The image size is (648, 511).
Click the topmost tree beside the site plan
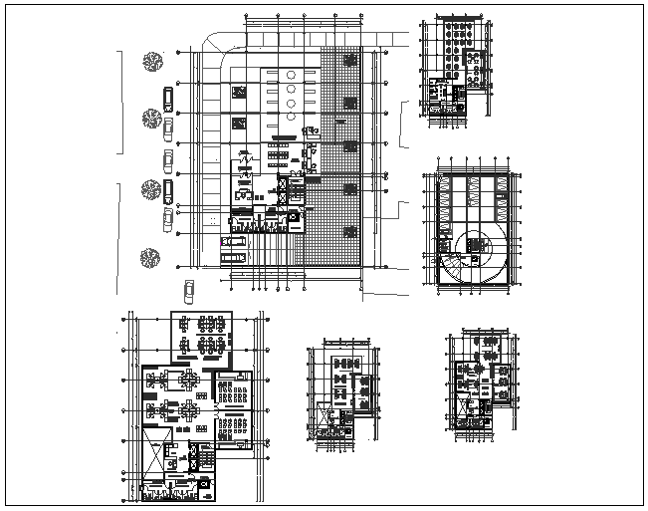[152, 61]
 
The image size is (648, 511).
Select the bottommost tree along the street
[150, 256]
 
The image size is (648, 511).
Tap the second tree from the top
[151, 119]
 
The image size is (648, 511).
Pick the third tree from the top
[152, 188]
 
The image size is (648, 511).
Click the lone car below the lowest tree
[187, 291]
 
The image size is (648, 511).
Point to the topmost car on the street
[168, 99]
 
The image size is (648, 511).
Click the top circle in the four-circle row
[290, 75]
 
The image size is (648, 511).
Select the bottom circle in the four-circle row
[290, 117]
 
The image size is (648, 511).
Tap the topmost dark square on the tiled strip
[350, 60]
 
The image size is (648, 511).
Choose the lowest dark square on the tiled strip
[350, 231]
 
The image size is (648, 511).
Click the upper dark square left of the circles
[239, 92]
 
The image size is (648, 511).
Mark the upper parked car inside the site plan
[236, 240]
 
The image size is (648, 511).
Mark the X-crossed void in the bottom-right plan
[465, 405]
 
